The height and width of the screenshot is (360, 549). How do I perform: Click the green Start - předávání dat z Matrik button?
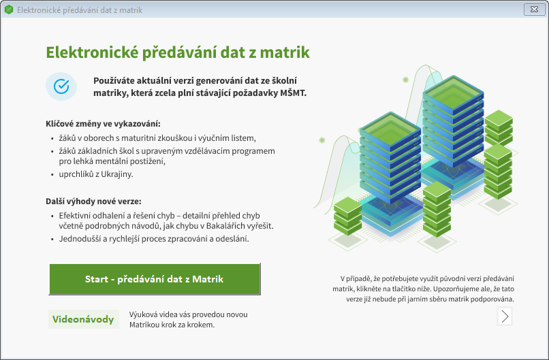tap(155, 279)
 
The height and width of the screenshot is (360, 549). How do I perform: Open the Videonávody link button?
tap(83, 319)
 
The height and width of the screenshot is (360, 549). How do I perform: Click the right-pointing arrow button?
tap(505, 316)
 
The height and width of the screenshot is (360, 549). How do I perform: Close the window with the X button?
tap(534, 10)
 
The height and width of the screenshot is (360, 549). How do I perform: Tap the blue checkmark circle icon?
tap(61, 86)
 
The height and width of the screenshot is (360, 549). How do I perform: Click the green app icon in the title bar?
tap(9, 10)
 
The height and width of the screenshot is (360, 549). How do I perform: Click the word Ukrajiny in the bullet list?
tap(117, 174)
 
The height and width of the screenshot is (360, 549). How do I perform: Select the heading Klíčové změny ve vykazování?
tap(104, 124)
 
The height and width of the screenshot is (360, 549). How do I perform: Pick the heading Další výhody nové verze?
tap(93, 201)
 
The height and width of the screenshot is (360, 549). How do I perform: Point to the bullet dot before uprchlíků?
tap(52, 175)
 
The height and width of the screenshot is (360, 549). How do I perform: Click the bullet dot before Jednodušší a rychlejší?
tap(52, 240)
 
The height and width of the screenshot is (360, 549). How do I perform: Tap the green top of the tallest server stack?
tap(454, 92)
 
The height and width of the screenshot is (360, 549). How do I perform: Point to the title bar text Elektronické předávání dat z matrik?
tap(80, 10)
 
